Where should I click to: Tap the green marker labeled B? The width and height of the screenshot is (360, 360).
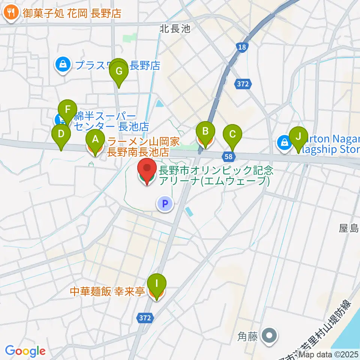pyautogui.click(x=205, y=132)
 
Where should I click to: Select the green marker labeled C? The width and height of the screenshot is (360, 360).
pyautogui.click(x=232, y=134)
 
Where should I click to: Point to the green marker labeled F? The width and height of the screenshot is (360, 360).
pyautogui.click(x=68, y=110)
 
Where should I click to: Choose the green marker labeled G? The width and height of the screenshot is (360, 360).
pyautogui.click(x=119, y=71)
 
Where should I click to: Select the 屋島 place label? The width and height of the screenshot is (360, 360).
pyautogui.click(x=349, y=228)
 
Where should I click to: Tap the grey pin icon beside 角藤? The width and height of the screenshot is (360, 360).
pyautogui.click(x=269, y=334)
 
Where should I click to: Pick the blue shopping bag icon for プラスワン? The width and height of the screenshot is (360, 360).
pyautogui.click(x=64, y=65)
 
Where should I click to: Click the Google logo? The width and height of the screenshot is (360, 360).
pyautogui.click(x=25, y=351)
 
